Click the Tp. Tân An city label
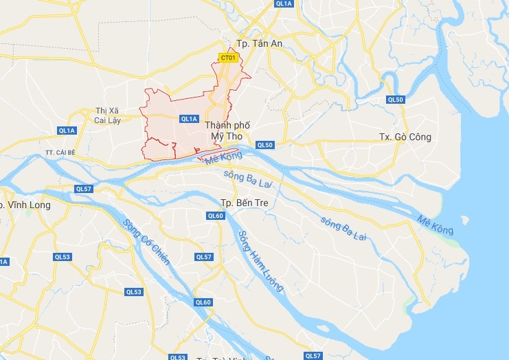pos(259,43)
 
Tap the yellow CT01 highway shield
pos(229,58)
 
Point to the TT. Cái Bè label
pos(58,152)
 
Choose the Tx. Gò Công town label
pos(405,137)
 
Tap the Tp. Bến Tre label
pos(243,203)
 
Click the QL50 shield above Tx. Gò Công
pos(395,100)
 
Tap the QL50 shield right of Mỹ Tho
pos(265,145)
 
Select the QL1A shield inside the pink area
pos(189,119)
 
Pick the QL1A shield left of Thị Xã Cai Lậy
pos(67,131)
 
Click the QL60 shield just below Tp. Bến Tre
pos(216,216)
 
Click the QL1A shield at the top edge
pos(284,3)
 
